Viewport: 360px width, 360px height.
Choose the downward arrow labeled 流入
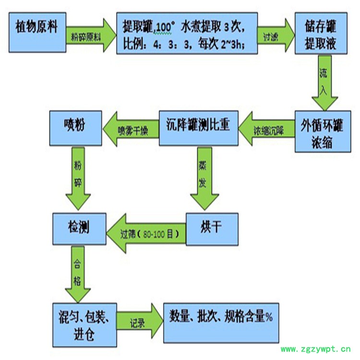click(x=325, y=84)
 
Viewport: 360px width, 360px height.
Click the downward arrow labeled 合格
click(x=78, y=274)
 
